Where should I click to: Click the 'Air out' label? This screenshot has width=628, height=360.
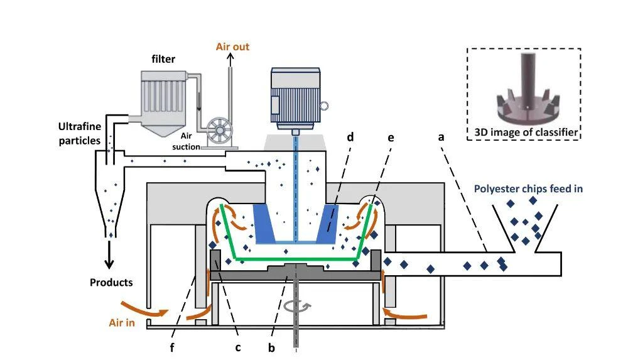(x=232, y=47)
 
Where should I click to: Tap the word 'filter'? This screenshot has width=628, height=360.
(x=163, y=59)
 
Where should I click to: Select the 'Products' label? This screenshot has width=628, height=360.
(x=111, y=282)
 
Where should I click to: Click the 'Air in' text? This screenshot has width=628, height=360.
(x=122, y=323)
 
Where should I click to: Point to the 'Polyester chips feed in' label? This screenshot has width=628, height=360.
(x=528, y=189)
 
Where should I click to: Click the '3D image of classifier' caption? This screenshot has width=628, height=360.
(x=526, y=133)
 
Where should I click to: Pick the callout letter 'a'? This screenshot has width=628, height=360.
(x=441, y=138)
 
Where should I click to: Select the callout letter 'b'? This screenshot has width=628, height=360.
(x=271, y=347)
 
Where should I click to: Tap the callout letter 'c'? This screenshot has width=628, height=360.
(x=238, y=347)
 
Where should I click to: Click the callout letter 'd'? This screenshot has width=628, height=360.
(x=350, y=137)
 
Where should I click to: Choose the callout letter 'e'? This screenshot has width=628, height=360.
(x=391, y=138)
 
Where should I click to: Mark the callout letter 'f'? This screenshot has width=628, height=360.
(x=172, y=347)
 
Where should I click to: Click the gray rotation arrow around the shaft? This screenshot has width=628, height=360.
(x=297, y=307)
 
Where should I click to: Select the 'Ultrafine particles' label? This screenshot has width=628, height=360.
(x=80, y=133)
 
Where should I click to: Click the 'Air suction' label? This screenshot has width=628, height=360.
(x=187, y=141)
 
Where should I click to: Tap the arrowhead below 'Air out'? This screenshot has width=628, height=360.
(x=230, y=57)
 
